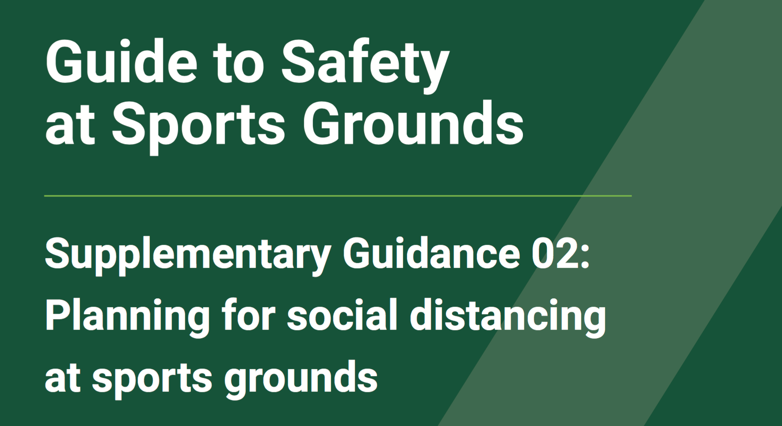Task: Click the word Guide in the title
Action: pyautogui.click(x=121, y=61)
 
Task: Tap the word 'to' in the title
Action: pyautogui.click(x=238, y=63)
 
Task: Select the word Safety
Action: pyautogui.click(x=365, y=66)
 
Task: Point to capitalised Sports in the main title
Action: pyautogui.click(x=198, y=127)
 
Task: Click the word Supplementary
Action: pyautogui.click(x=188, y=255)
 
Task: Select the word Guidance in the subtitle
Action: pyautogui.click(x=431, y=253)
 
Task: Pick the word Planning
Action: pyautogui.click(x=127, y=317)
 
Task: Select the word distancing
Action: pyautogui.click(x=508, y=317)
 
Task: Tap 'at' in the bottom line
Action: pyautogui.click(x=62, y=378)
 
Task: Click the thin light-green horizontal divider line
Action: pyautogui.click(x=338, y=195)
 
